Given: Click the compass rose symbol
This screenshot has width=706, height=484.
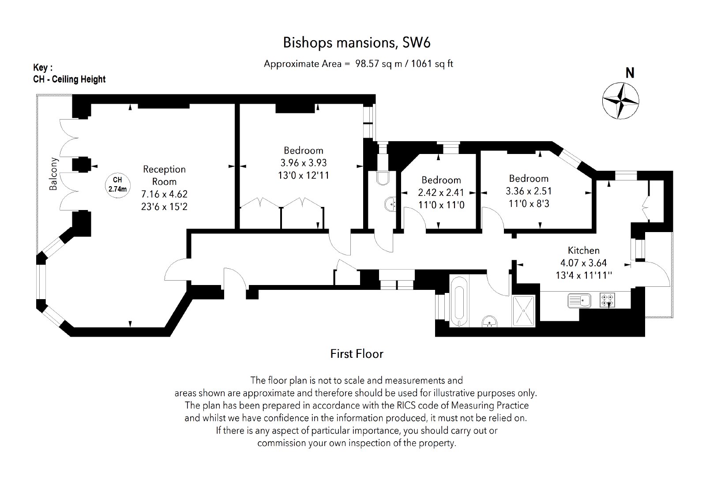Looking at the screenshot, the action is pos(620,101).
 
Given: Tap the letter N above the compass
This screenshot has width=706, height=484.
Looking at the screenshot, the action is pos(630,73).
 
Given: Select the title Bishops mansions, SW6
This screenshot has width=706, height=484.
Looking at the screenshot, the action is pos(357,43).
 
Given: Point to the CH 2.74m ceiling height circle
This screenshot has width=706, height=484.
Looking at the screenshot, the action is pos(117,185).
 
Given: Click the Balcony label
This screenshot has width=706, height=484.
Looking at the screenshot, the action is pos(53,174).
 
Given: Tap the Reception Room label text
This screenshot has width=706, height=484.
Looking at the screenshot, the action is pos(164,175).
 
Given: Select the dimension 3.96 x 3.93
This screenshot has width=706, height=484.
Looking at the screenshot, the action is pos(304,163).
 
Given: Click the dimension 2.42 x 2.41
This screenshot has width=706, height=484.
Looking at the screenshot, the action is pos(441,192).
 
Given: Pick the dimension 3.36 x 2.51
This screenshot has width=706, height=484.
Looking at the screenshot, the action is pos(529,191).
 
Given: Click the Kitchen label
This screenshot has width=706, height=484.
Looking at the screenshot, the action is pos(583,250).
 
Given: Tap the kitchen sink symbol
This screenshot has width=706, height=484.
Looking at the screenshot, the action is pos(579,300).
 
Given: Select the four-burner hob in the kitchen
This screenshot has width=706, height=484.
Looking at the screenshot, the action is pos(607,300).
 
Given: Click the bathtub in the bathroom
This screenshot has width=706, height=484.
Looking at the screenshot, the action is pos(459,301).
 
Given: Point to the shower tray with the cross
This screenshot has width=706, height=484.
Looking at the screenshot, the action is pos(523,311).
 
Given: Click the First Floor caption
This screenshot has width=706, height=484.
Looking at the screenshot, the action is pos(357,353).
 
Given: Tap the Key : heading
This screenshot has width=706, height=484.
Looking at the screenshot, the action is pos(43,68).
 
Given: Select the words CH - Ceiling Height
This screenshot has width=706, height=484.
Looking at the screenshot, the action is pos(69,79).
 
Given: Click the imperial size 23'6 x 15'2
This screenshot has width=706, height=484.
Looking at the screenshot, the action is pos(164,206).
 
